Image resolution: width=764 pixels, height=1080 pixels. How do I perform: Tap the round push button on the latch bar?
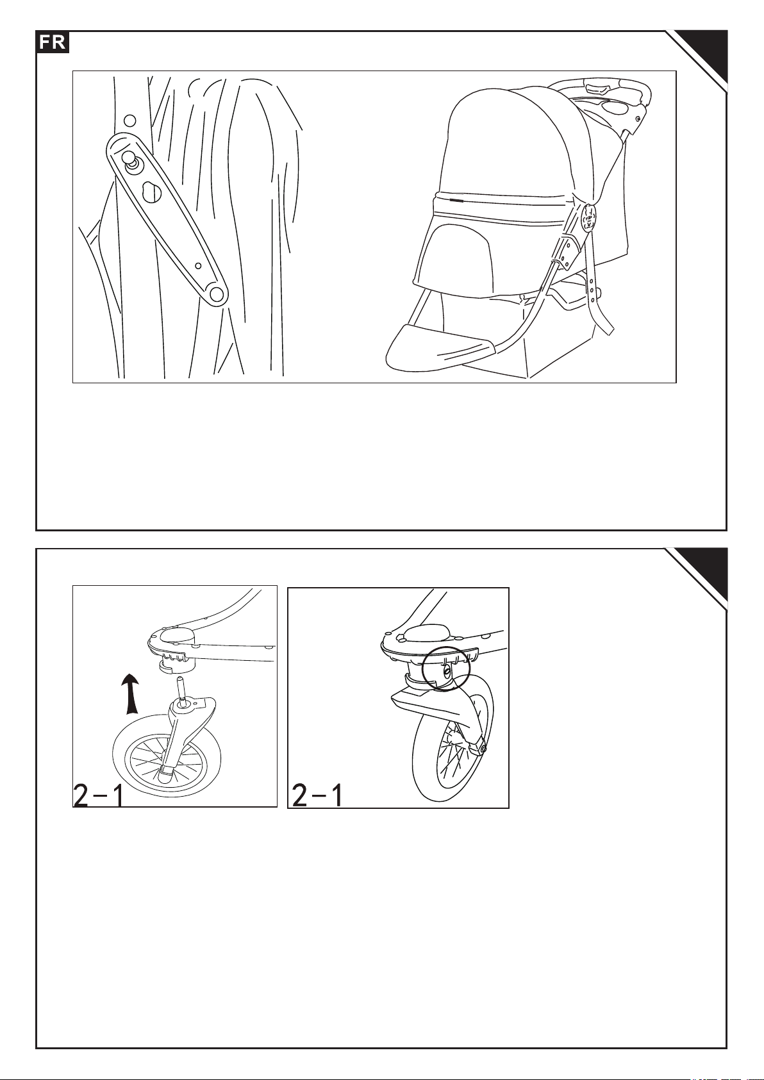click(x=131, y=159)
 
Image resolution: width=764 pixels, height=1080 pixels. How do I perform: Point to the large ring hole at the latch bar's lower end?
click(x=217, y=294)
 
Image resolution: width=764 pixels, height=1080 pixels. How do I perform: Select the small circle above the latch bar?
click(x=129, y=119)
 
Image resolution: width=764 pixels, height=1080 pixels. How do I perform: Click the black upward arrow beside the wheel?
click(x=130, y=694)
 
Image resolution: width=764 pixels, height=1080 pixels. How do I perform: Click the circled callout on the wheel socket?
click(x=445, y=669)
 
